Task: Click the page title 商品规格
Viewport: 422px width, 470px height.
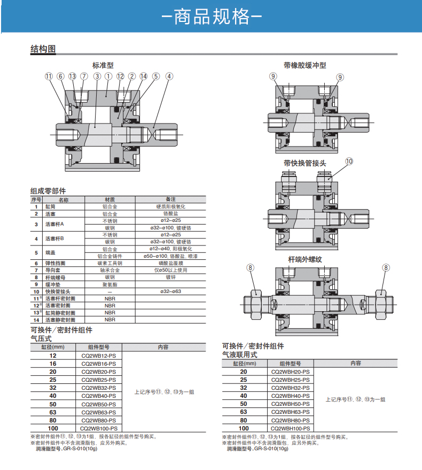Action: coord(212,17)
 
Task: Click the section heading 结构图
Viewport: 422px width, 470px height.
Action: coord(43,49)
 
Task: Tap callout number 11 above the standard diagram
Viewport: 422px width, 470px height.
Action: coord(49,76)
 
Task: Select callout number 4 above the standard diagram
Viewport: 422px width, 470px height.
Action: coord(169,76)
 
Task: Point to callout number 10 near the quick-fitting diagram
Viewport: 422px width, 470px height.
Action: coord(349,161)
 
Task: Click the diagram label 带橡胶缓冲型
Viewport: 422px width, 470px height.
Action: coord(305,65)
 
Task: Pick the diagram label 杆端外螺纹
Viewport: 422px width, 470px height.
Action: coord(305,259)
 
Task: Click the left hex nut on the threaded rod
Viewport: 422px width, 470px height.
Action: coord(256,305)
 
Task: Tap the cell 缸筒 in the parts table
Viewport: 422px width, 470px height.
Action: coord(50,206)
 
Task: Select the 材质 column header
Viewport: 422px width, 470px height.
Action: coord(110,199)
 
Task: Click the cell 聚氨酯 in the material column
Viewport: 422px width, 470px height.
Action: coord(110,284)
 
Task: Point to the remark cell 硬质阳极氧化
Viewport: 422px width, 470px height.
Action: coord(171,206)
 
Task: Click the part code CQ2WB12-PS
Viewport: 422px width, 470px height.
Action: coord(98,356)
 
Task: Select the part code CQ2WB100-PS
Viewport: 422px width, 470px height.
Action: coord(98,429)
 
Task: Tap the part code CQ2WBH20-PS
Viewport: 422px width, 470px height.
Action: coord(290,372)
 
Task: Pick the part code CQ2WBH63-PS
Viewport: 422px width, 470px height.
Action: coord(290,412)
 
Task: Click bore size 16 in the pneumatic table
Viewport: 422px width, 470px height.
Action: coord(53,364)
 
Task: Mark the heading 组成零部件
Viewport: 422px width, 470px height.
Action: coord(48,191)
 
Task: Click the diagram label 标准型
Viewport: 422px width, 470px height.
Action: coord(103,65)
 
